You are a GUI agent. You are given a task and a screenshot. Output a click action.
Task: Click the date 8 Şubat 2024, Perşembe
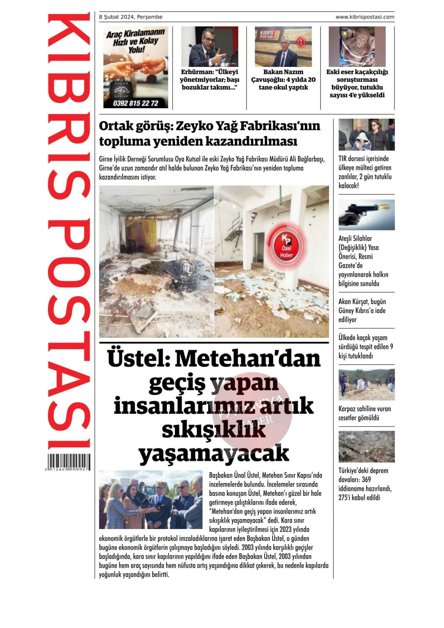point(131,17)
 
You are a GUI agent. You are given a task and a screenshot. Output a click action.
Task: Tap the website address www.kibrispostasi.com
point(365,17)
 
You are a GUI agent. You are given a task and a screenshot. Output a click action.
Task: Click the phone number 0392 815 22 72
point(136,103)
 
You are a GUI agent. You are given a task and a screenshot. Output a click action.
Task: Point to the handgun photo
point(366,215)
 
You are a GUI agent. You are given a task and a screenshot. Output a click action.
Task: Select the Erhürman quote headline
point(209,79)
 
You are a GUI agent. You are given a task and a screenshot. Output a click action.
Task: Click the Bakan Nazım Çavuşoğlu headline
point(283,79)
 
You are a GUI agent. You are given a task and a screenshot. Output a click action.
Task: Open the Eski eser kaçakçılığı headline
point(357,83)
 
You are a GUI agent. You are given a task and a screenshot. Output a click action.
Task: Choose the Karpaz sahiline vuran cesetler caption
point(365,413)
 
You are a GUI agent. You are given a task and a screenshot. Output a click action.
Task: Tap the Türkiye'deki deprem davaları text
point(365,484)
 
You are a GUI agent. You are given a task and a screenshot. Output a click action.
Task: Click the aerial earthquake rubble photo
point(366,446)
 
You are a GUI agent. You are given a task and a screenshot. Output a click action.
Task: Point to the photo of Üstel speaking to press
point(151,499)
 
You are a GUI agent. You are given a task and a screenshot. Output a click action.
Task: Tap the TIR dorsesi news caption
point(365,172)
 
